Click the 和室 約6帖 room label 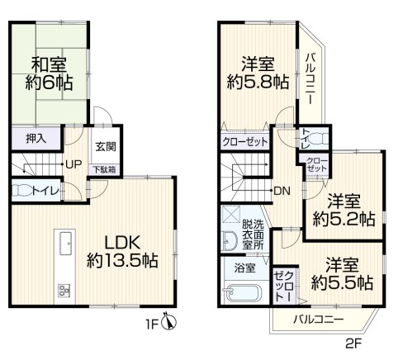coord(49,73)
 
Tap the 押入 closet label coord(36,139)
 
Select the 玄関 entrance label coord(106,147)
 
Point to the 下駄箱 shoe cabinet coord(104,169)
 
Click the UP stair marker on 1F coord(73,164)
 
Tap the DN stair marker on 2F coord(282,191)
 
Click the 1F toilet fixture coord(21,190)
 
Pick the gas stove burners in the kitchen coord(64,291)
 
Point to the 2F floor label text coord(353,343)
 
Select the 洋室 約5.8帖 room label coord(258,73)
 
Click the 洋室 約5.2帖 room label coord(344,210)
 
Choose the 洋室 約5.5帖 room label coord(342,273)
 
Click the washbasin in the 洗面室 coord(230,240)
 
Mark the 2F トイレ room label coord(305,139)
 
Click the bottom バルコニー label coord(318,320)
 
